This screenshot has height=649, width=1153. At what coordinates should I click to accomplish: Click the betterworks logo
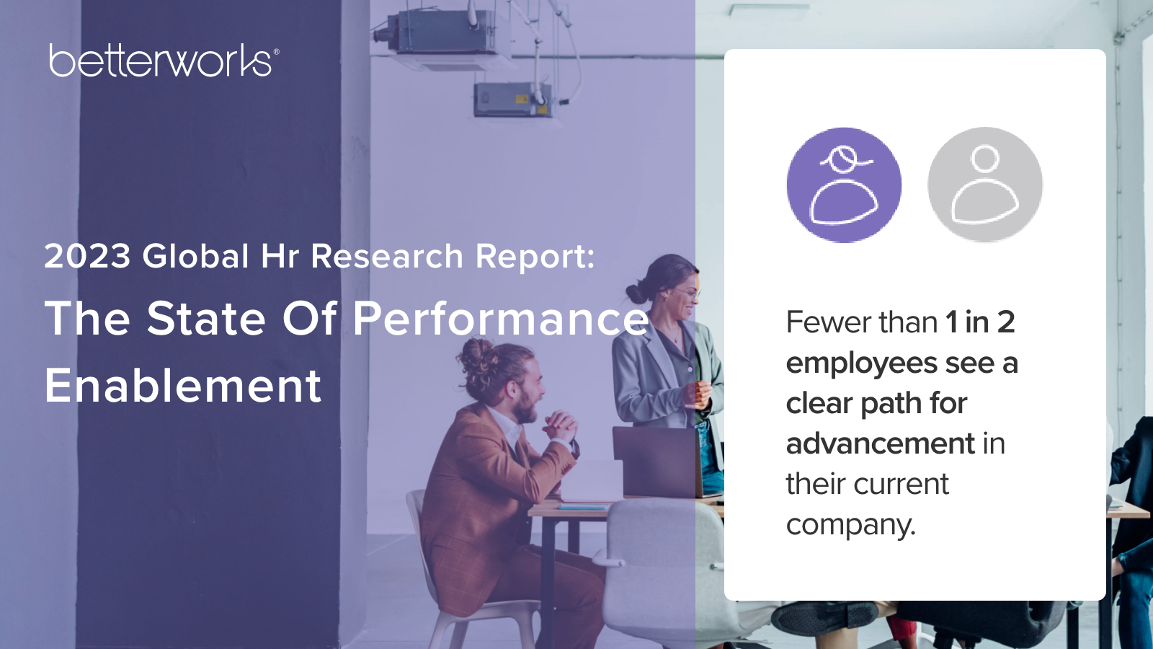[x=164, y=61]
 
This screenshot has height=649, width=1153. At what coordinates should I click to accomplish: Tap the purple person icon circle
[x=844, y=185]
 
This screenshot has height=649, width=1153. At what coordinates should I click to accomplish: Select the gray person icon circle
[x=985, y=185]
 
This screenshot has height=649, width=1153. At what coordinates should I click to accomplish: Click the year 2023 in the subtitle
[x=87, y=256]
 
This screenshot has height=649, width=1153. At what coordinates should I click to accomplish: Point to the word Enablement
[x=183, y=386]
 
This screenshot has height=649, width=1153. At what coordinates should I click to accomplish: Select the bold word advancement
[x=880, y=443]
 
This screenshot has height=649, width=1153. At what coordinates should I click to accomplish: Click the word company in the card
[x=851, y=526]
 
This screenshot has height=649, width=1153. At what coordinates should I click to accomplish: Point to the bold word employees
[x=862, y=363]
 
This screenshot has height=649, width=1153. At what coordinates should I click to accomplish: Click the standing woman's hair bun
[x=637, y=293]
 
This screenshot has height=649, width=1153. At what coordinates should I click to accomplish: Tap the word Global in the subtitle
[x=196, y=256]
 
